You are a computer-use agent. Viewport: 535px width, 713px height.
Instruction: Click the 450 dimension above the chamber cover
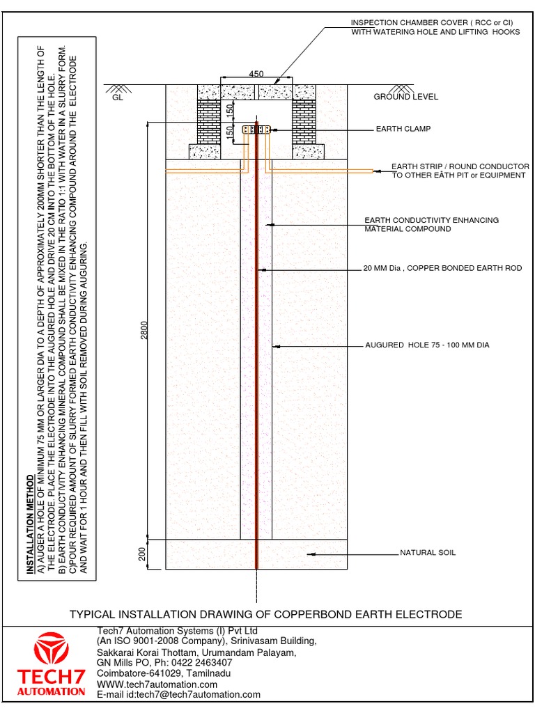[x=256, y=75]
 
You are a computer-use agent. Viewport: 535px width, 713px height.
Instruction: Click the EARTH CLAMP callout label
[x=403, y=129]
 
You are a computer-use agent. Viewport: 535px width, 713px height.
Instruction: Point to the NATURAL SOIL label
[x=428, y=553]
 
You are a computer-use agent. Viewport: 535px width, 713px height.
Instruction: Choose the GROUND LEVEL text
[x=406, y=97]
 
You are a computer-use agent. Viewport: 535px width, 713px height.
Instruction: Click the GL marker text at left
[x=116, y=98]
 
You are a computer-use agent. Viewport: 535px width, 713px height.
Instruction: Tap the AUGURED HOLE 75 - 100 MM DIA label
[x=428, y=345]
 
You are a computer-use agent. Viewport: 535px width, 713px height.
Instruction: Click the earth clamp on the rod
[x=256, y=130]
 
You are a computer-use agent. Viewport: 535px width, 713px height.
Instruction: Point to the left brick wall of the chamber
[x=208, y=121]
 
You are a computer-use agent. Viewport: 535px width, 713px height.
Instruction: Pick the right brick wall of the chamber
[x=304, y=121]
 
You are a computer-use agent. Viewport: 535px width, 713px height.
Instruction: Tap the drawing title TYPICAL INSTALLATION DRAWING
[x=265, y=614]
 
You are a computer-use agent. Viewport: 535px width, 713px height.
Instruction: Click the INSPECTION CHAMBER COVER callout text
[x=435, y=27]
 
